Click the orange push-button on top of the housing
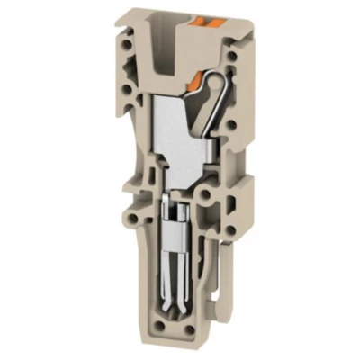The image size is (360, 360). [207, 19]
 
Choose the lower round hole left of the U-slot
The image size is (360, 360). [132, 66]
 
